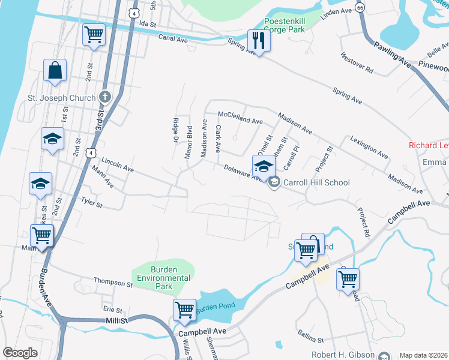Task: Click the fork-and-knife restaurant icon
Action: coord(259,40)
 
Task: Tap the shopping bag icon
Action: coord(55,70)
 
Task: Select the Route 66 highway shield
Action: coord(360,7)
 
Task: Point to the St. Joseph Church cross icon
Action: coord(104,97)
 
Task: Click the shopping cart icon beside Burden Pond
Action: coord(184,310)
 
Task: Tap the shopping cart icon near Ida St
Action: coord(94,35)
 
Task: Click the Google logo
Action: coord(20,353)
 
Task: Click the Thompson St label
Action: coord(112,282)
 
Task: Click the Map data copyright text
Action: coord(423,355)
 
